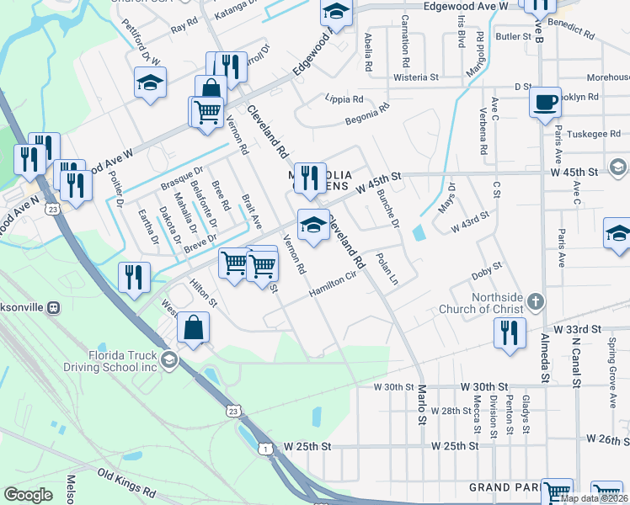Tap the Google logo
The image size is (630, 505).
[28, 495]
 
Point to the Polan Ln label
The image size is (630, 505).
[386, 268]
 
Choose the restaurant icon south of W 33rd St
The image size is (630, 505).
[510, 332]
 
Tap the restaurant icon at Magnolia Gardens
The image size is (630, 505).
[311, 177]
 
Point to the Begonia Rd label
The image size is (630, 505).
[367, 114]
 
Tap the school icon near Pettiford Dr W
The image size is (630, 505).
[150, 82]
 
